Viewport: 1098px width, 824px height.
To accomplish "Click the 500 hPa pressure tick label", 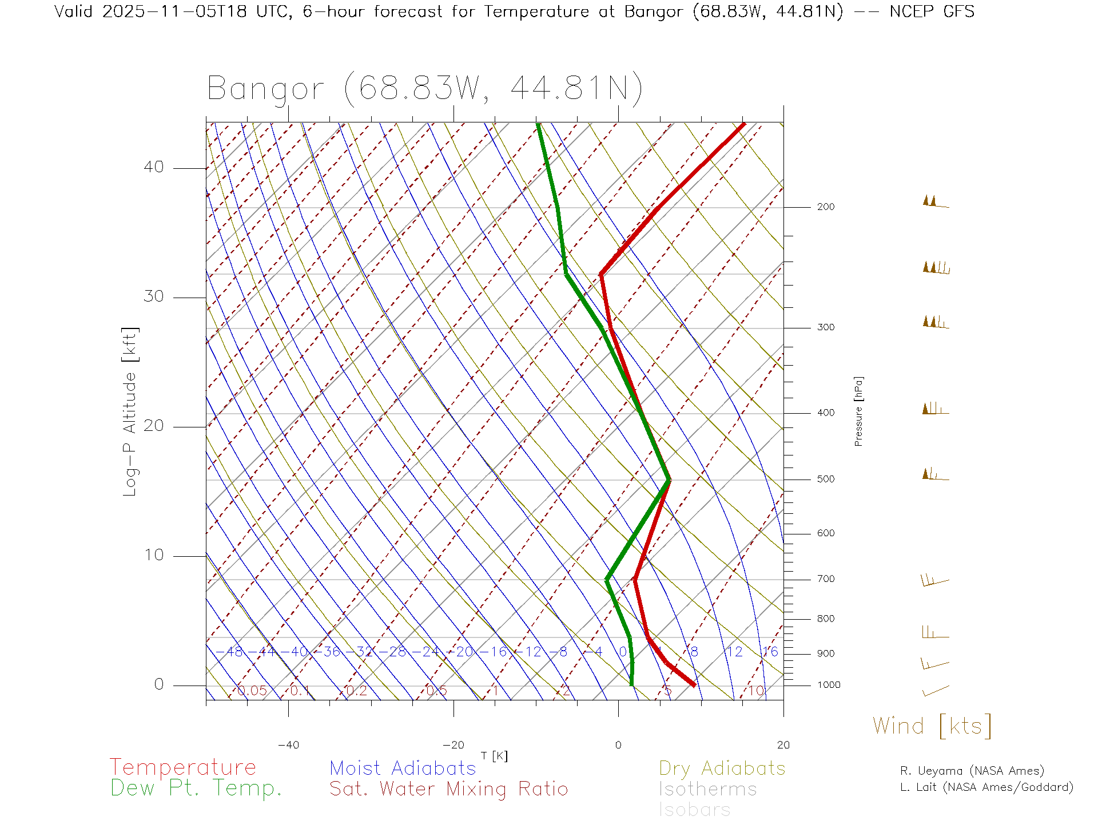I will pos(825,479).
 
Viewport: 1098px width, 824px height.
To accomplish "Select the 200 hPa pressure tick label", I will pos(825,207).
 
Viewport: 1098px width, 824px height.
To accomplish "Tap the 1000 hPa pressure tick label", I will pos(829,685).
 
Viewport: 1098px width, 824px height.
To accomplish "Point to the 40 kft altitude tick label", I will pos(153,167).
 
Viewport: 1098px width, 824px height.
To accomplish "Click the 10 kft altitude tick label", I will pos(153,555).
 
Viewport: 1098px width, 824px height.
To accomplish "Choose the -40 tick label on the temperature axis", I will pos(288,745).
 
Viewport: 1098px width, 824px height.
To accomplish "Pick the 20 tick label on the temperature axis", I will pos(783,745).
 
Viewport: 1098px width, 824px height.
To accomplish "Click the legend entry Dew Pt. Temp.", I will pos(196,789).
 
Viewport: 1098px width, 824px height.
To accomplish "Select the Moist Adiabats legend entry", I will pos(403,768).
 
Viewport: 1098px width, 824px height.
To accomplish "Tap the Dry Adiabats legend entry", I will pos(722,768).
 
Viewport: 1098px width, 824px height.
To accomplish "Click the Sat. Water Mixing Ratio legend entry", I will pos(448,789).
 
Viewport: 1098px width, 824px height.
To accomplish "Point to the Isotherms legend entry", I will pos(707,789).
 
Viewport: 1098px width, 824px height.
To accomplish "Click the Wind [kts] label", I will pos(932,726).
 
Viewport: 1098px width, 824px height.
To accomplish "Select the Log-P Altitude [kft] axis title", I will pos(130,412).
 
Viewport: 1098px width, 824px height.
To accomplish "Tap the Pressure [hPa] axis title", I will pos(858,411).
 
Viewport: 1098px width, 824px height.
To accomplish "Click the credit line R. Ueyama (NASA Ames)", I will pos(972,771).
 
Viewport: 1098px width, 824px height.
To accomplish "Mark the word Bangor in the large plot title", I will pos(265,89).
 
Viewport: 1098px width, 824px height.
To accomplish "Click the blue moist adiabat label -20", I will pos(464,652).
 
